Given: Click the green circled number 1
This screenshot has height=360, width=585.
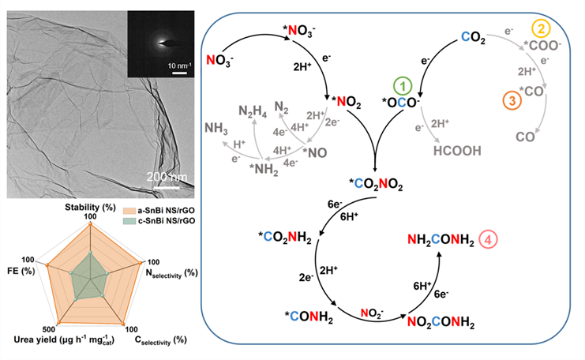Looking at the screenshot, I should coord(404,85).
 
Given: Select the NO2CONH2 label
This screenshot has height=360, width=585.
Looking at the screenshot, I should coord(440,321).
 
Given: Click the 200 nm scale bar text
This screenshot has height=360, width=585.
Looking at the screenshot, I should coord(167,174).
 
